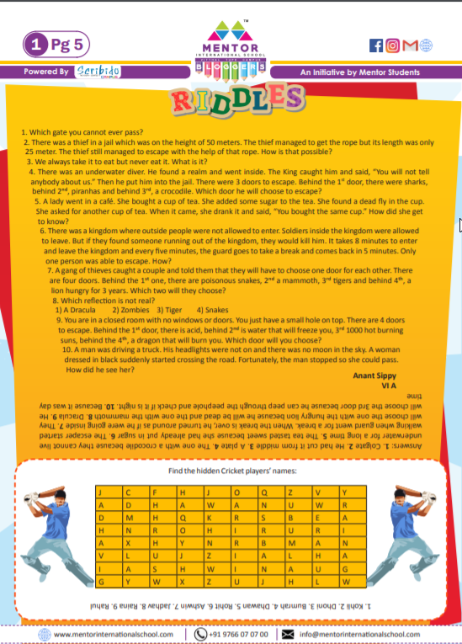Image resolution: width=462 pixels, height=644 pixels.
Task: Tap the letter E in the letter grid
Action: pos(317,519)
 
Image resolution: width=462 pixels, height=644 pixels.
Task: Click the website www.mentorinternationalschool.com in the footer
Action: pos(114,634)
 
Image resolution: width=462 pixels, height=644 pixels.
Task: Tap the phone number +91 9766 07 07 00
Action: pos(238,634)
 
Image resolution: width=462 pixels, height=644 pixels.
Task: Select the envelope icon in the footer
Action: pos(287,634)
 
